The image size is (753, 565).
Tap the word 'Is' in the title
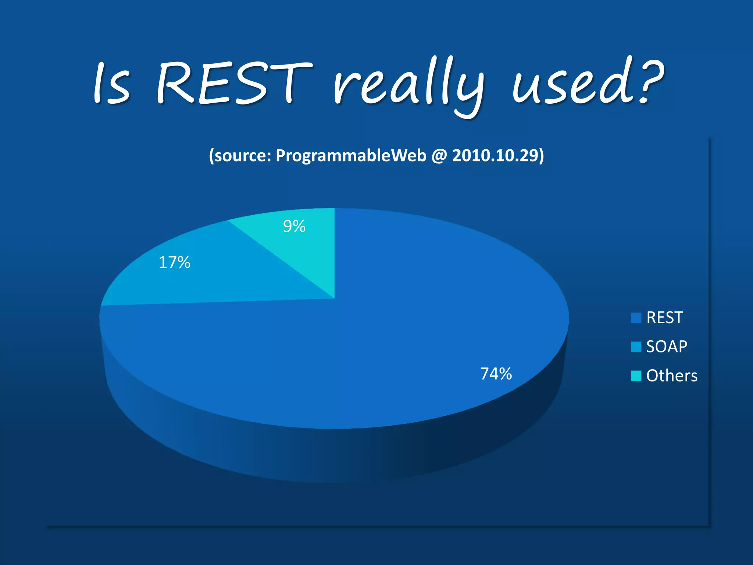point(111,84)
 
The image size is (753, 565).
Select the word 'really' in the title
point(408,86)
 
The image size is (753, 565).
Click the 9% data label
point(294,226)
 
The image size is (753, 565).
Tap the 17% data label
point(174,263)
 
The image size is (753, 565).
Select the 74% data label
point(496,374)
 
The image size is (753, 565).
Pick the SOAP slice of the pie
point(206,280)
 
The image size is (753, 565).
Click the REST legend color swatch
point(636,318)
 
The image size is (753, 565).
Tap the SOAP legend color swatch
point(636,347)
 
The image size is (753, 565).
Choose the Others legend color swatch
point(636,376)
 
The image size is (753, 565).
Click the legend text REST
point(664,318)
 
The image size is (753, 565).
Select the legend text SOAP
point(667,347)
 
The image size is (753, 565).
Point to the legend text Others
point(672,376)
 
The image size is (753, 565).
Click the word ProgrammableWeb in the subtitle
point(351,156)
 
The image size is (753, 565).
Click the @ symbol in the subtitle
point(439,156)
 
